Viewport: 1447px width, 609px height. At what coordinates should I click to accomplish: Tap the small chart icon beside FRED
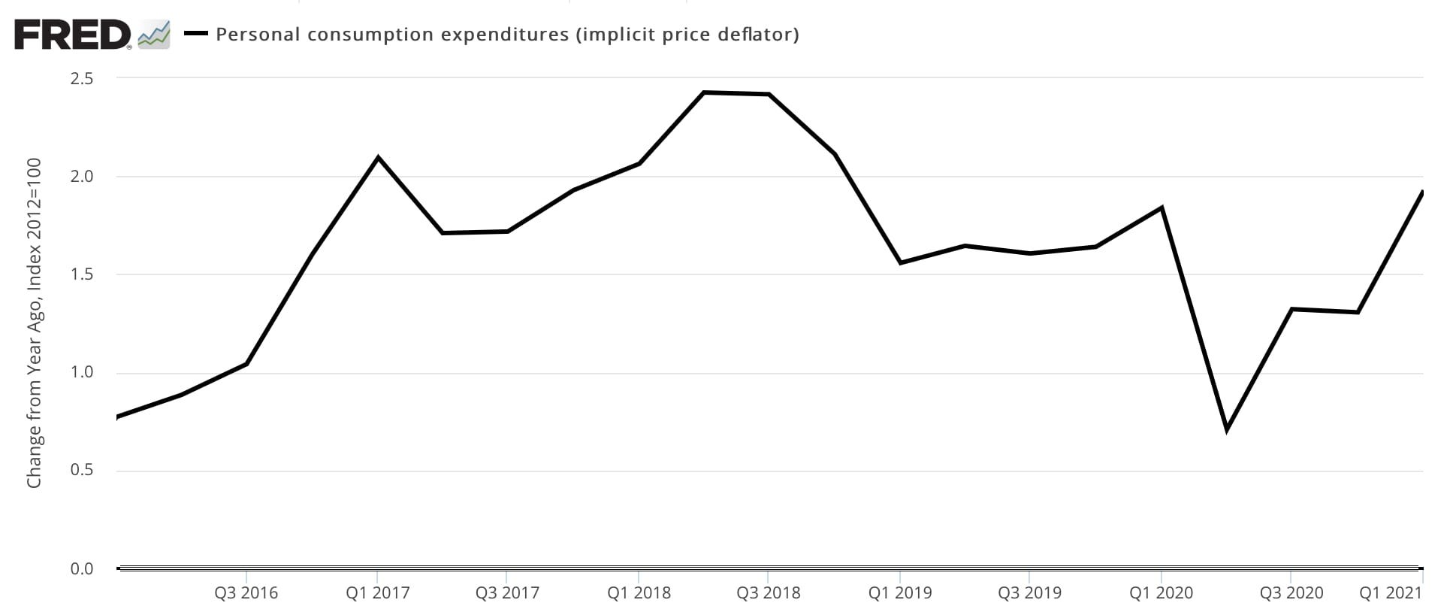154,35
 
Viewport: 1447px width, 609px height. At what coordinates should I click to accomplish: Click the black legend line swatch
196,34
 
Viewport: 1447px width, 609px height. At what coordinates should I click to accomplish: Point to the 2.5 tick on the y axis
83,79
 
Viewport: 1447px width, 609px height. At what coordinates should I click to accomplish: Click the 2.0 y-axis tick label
83,177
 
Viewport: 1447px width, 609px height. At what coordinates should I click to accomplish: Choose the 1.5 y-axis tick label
83,275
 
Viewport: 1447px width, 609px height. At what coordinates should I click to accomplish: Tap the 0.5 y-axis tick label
83,471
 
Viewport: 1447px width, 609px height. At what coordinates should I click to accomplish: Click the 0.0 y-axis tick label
83,569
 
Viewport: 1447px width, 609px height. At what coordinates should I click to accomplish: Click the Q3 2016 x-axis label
246,593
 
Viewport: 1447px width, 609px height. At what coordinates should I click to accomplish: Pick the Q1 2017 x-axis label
378,593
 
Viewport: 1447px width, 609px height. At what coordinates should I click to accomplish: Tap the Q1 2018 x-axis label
639,593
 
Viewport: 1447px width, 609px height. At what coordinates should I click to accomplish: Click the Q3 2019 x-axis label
1030,593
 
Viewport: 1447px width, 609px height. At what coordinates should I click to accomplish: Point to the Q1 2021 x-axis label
1391,593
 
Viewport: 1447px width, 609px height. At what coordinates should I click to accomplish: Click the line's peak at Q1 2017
378,158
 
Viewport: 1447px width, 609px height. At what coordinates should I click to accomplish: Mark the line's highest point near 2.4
704,92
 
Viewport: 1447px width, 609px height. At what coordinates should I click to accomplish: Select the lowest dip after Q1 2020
1227,429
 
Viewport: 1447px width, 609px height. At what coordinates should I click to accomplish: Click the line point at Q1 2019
900,262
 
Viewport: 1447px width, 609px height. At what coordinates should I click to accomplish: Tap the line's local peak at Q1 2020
1162,208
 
